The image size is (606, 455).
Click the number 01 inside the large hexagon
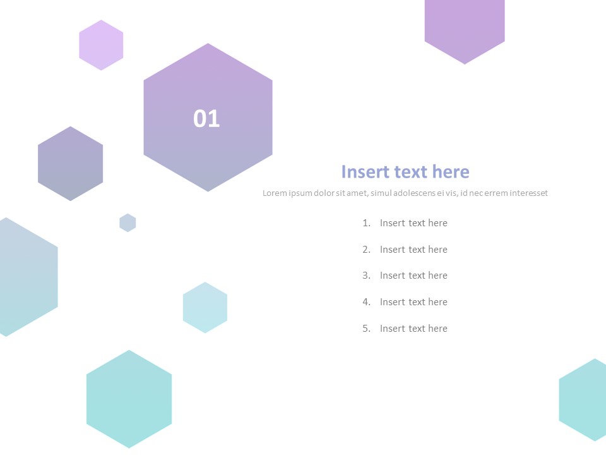coord(206,118)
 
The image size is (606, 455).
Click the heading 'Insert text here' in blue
coord(405,171)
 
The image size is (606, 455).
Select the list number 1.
coord(366,223)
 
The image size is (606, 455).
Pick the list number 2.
coord(366,250)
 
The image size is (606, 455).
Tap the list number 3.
coord(366,276)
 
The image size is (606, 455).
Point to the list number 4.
coord(366,302)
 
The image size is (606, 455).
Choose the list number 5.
coord(366,329)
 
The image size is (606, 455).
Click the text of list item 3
coord(413,276)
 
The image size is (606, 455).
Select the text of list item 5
coord(413,329)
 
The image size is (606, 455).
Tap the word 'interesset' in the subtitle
coord(528,193)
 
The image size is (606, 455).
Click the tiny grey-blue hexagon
coord(128,223)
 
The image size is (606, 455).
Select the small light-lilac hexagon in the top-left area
coord(101,45)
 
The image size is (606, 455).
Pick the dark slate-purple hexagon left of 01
coord(70,163)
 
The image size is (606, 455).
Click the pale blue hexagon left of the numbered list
coord(205,308)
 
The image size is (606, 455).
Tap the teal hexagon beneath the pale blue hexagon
coord(129,399)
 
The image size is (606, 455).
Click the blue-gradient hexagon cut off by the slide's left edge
coord(27,277)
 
